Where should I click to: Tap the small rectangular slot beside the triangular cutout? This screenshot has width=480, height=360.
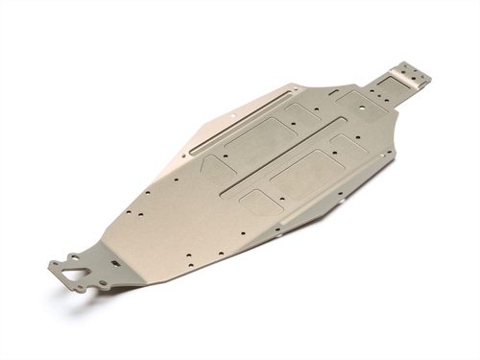click(112, 261)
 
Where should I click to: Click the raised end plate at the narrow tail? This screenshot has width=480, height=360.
click(411, 75)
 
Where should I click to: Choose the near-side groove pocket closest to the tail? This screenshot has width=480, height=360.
click(347, 144)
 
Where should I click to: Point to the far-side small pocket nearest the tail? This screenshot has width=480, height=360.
click(306, 114)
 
